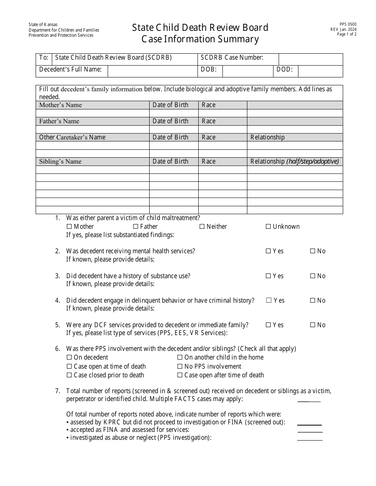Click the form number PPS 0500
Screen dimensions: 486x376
348,24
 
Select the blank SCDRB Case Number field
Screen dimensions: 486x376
311,59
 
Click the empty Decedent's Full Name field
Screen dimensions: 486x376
152,71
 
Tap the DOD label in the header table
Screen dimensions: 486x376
285,70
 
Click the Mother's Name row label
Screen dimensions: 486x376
61,105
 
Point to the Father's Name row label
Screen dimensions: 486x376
59,121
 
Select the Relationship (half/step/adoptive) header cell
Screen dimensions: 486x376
294,161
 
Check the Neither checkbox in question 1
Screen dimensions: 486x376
202,226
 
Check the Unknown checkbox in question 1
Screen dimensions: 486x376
268,226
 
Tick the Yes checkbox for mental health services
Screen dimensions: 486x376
268,251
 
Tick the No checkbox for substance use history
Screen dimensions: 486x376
313,276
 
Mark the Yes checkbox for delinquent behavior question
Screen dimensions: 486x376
269,300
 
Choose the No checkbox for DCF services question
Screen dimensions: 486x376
313,325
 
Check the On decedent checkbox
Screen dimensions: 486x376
69,357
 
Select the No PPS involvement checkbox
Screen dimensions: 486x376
180,366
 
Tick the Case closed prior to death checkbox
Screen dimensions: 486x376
69,375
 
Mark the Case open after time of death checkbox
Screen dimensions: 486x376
180,375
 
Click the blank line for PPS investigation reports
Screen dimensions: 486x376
310,438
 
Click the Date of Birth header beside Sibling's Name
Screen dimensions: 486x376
171,161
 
